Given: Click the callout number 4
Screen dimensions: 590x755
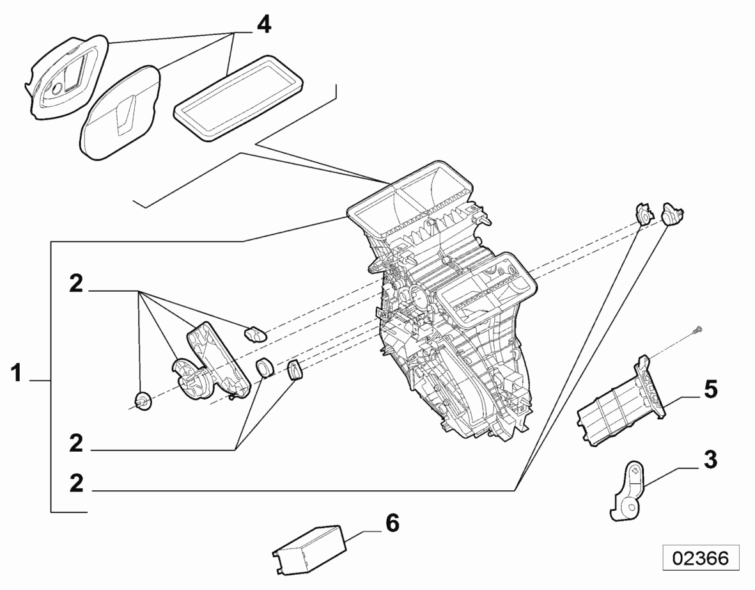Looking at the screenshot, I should click(263, 24).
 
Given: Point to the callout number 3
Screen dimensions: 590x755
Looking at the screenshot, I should click(710, 459).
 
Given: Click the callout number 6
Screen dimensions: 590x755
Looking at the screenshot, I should click(392, 522).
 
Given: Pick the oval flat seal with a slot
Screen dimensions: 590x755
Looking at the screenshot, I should click(122, 113).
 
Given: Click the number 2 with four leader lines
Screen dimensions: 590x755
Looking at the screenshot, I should click(76, 284).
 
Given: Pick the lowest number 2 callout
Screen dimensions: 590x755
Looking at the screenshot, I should click(76, 484).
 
